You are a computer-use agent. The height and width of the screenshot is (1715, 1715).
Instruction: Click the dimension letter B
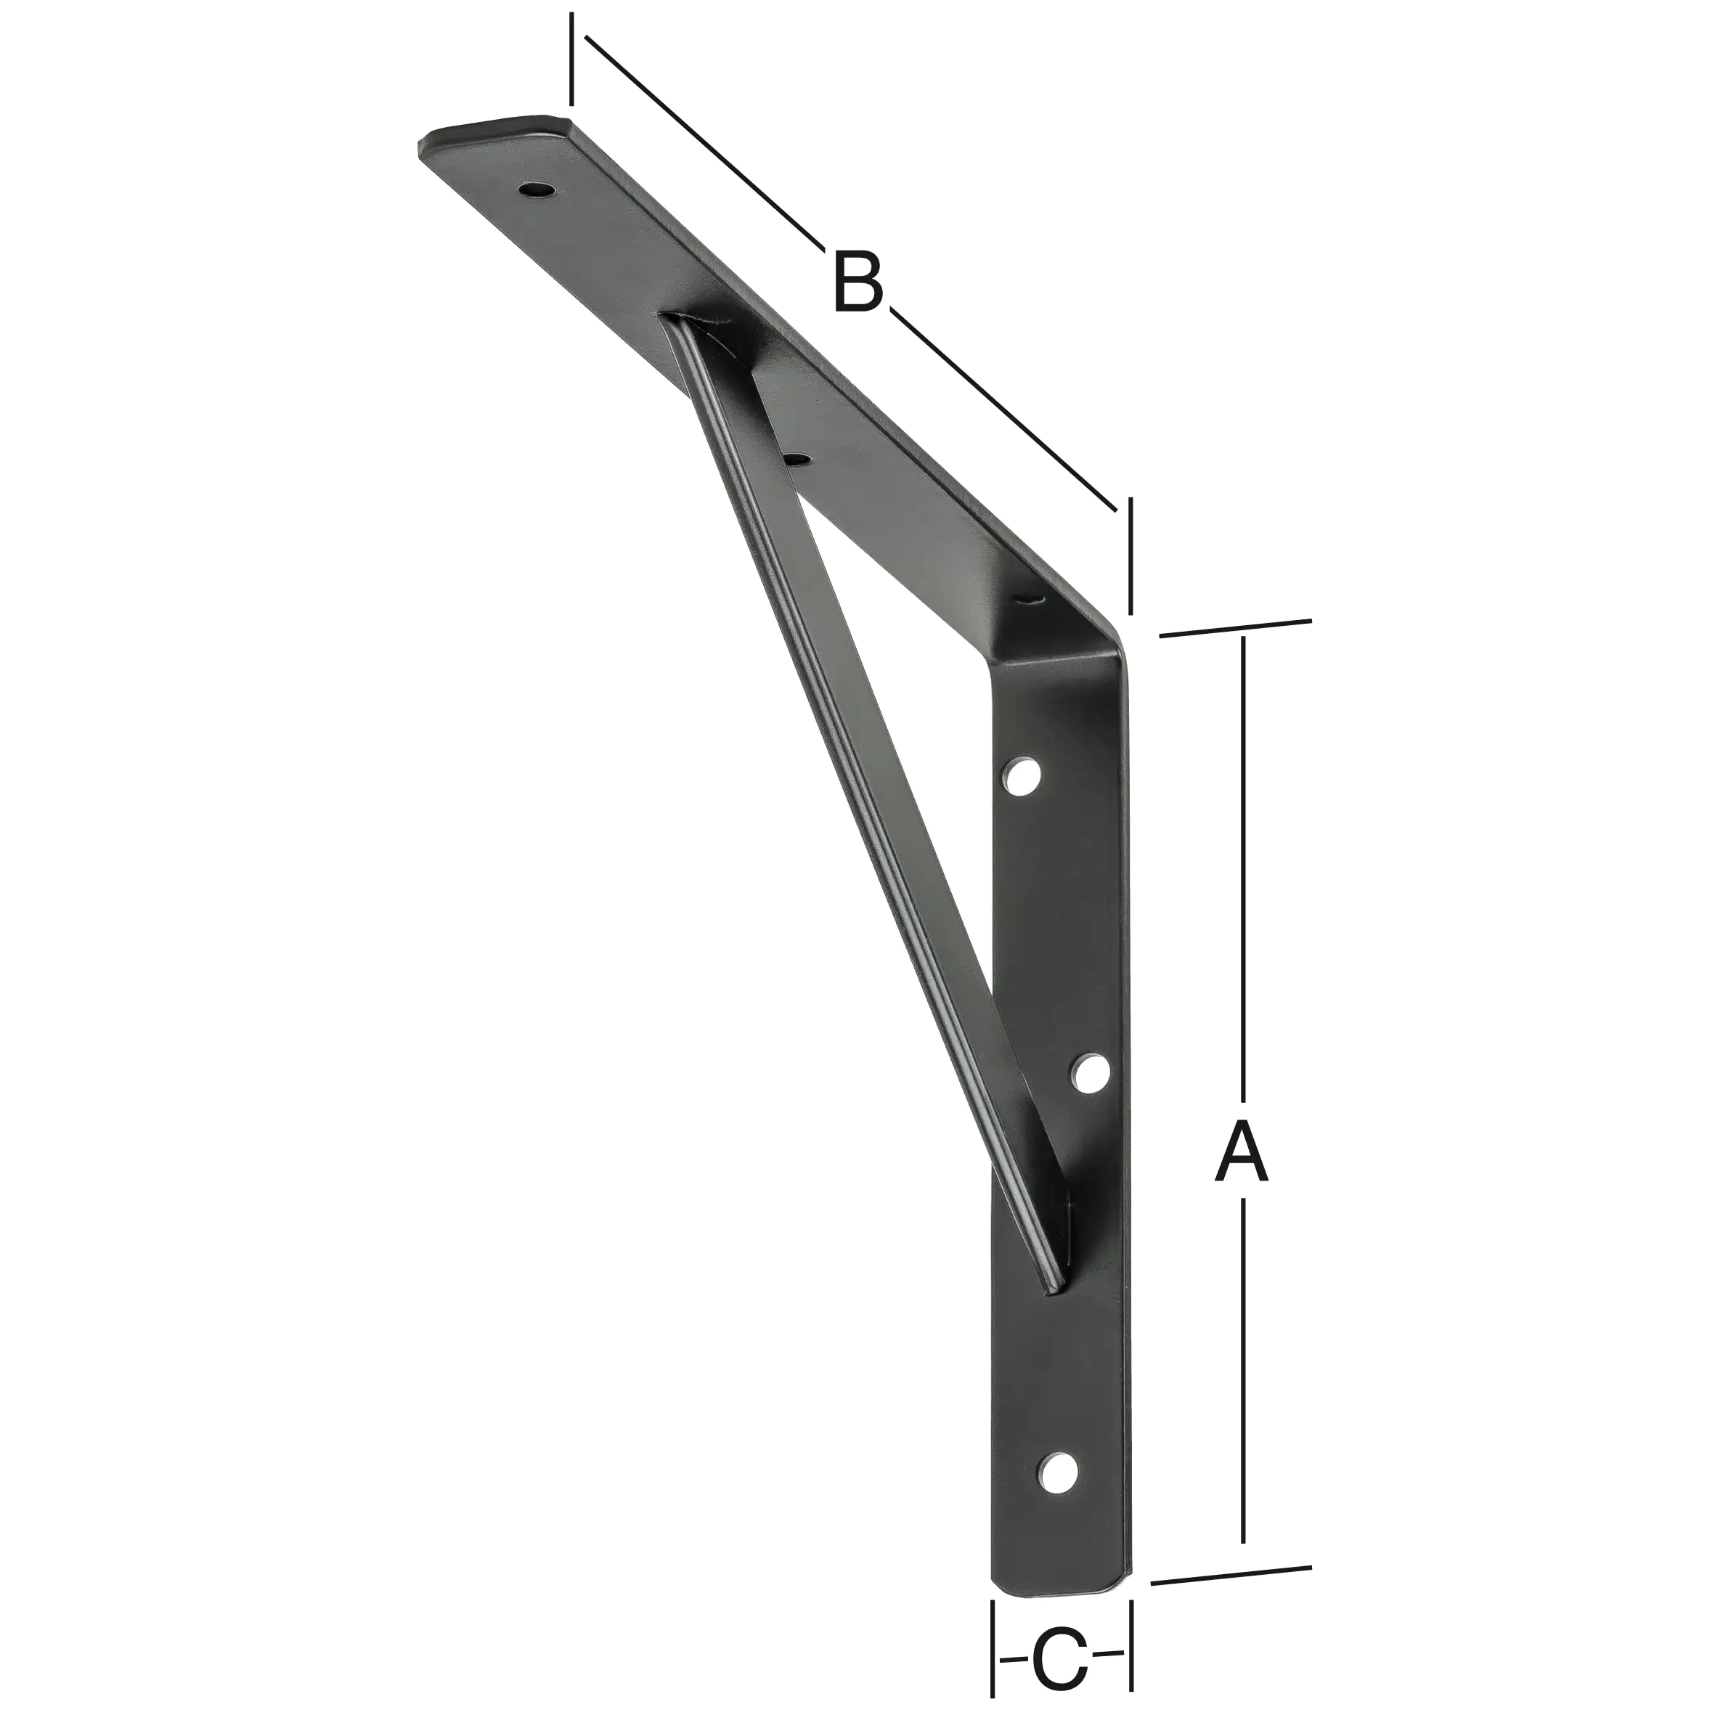point(858,282)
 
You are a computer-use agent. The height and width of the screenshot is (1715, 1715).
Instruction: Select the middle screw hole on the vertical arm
point(1091,1073)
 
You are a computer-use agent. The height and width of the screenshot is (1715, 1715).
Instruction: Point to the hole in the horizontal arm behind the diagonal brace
point(798,459)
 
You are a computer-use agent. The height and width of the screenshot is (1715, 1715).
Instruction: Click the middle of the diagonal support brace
point(865,799)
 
